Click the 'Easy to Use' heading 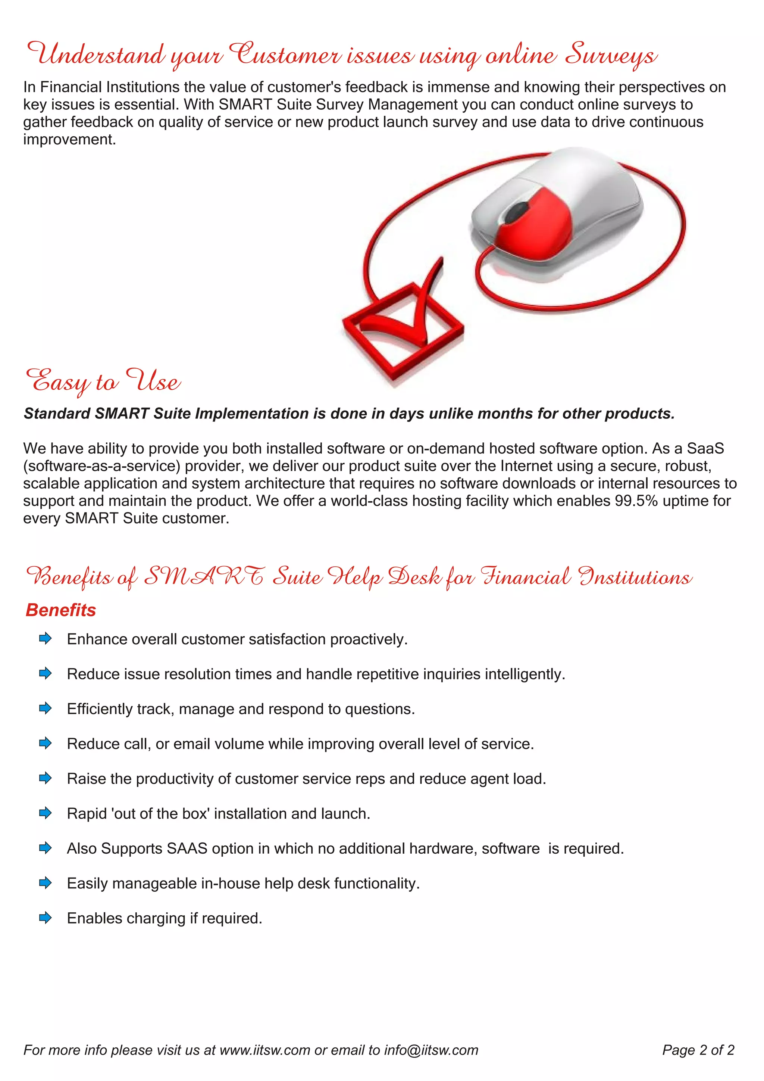(x=103, y=381)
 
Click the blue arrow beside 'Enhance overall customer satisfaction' (x=45, y=639)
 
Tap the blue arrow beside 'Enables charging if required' (x=45, y=918)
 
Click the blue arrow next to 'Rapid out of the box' (x=45, y=813)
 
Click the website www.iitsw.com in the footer (x=265, y=1050)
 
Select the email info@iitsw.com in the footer (x=431, y=1050)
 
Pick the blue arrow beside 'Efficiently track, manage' (x=45, y=708)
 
